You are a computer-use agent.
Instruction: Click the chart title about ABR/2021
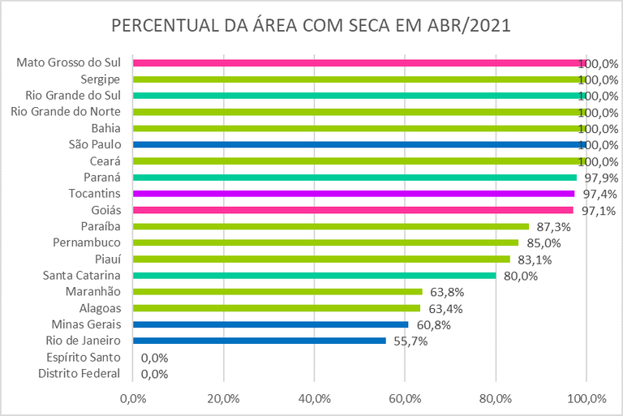pos(311,26)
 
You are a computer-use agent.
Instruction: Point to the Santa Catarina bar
pos(314,276)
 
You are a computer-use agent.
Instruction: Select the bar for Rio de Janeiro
pos(259,341)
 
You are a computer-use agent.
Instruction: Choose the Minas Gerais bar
pos(270,324)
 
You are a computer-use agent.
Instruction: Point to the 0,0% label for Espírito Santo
pos(154,358)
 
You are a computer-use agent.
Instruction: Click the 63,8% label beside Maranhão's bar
pos(445,292)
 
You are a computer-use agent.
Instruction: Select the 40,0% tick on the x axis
pos(314,399)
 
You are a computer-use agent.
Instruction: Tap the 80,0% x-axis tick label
pos(496,399)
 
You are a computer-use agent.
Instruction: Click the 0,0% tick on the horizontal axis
pos(132,399)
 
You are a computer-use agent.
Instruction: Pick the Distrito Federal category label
pos(79,374)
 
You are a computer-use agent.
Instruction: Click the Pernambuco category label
pos(87,242)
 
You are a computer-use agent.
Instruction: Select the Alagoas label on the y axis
pos(100,308)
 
